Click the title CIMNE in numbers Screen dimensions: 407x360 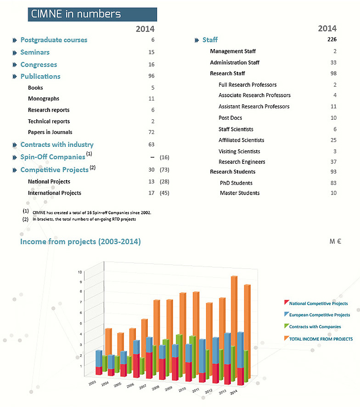point(76,14)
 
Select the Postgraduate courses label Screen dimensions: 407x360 point(54,40)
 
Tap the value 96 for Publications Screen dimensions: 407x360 point(152,76)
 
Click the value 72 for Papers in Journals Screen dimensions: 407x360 point(152,133)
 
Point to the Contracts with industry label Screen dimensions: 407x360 point(57,145)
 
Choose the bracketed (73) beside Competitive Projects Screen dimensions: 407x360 point(164,170)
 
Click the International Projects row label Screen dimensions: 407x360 point(55,193)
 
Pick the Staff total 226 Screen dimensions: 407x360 point(332,39)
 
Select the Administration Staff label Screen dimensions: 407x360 point(235,62)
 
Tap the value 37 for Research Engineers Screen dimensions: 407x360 point(333,162)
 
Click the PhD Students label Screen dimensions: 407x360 point(236,183)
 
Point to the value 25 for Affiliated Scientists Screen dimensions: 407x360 point(333,140)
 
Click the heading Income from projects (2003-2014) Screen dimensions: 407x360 point(80,241)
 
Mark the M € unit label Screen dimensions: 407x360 point(335,241)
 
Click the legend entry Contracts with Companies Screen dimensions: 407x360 point(315,327)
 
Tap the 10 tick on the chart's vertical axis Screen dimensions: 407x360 point(80,272)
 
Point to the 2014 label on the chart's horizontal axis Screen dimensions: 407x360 point(234,393)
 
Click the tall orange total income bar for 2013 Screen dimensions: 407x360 point(234,321)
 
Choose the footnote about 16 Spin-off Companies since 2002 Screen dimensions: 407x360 point(92,212)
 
